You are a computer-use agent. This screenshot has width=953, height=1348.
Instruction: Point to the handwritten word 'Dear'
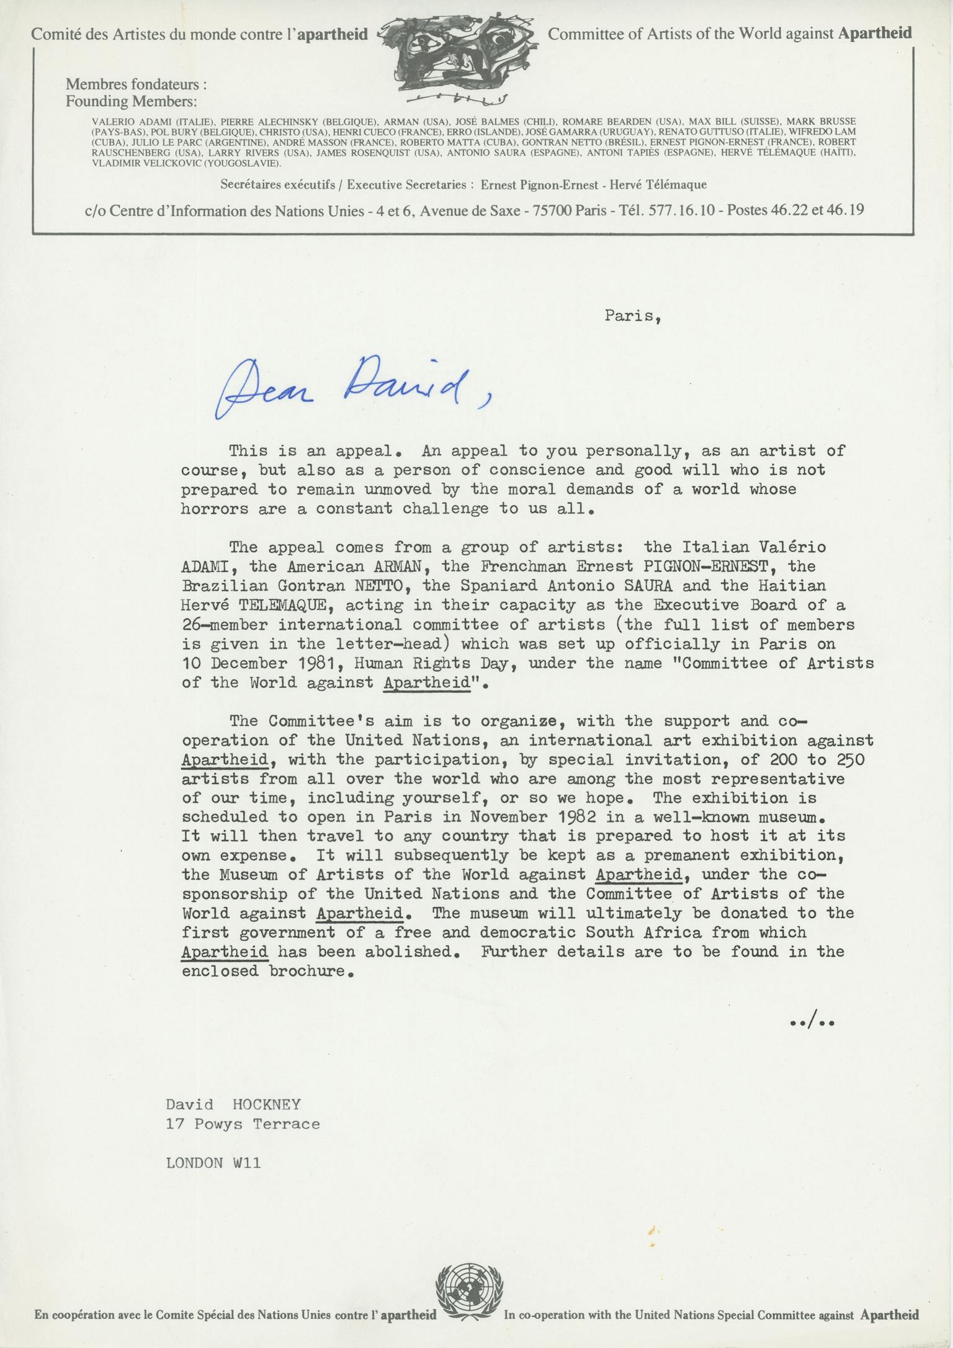267,396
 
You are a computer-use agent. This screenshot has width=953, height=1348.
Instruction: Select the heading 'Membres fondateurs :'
136,84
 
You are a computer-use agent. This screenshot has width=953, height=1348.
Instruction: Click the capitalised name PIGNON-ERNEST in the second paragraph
707,566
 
